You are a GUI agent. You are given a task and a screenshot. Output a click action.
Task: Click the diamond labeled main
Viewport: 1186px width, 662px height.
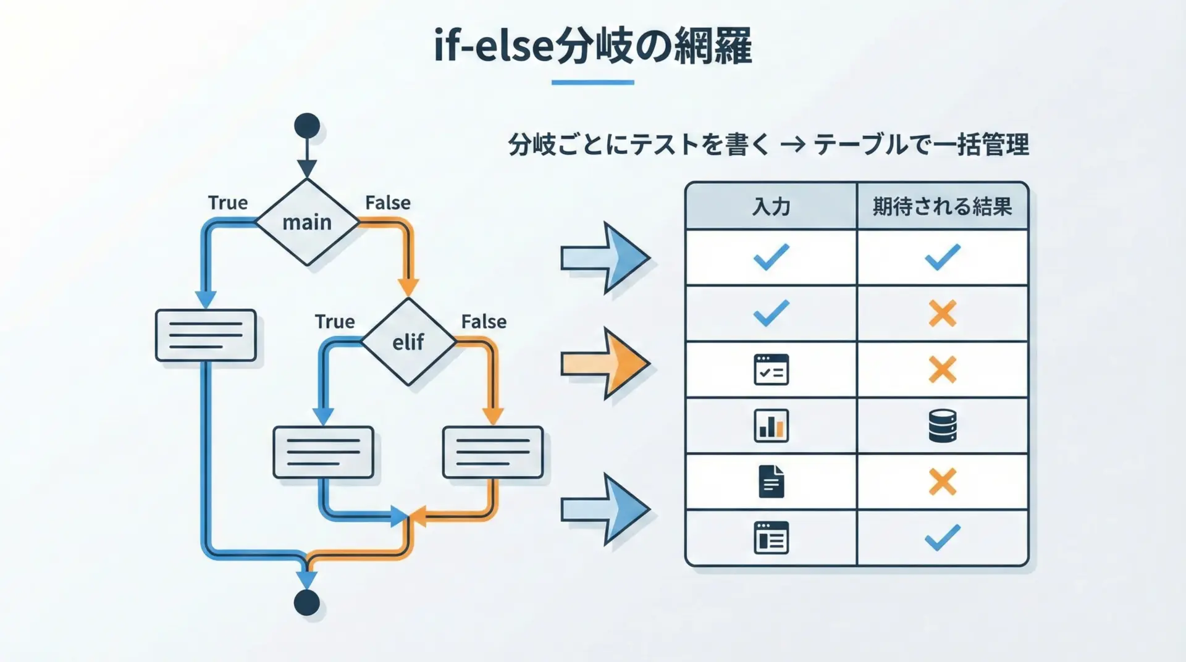click(307, 222)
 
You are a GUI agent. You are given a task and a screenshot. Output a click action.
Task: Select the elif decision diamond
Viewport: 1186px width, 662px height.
click(408, 341)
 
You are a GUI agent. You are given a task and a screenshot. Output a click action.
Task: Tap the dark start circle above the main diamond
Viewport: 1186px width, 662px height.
click(307, 126)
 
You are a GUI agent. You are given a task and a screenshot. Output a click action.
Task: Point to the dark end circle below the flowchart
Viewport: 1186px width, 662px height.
click(307, 603)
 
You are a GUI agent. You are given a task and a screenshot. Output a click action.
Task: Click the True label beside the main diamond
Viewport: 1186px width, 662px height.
click(227, 203)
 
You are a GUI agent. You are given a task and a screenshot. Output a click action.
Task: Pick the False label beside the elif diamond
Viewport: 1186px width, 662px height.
click(484, 322)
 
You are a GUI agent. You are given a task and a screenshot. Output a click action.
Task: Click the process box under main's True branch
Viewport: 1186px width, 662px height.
click(206, 335)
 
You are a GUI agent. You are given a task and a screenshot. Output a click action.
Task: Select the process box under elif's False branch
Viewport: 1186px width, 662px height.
click(493, 452)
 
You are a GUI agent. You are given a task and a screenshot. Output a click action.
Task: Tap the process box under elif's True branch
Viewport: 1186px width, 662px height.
click(324, 452)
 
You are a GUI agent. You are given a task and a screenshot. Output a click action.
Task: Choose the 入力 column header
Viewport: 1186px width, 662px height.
click(771, 206)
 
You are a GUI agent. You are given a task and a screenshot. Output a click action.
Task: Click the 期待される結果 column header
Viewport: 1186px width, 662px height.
click(942, 206)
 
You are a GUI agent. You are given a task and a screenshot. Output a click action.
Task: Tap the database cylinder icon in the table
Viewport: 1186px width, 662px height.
click(943, 426)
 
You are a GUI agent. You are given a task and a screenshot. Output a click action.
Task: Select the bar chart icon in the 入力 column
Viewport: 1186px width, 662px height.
click(772, 425)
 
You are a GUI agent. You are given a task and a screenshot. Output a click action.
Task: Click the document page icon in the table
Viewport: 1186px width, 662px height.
click(772, 482)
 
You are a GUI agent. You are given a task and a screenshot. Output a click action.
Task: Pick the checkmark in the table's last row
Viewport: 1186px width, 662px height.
click(943, 537)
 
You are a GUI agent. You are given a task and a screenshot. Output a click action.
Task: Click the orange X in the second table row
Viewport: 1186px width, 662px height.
click(943, 314)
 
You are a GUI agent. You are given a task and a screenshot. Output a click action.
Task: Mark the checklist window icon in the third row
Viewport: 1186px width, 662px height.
click(772, 369)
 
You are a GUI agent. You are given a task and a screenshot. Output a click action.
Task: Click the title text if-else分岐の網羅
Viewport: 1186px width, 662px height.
click(593, 46)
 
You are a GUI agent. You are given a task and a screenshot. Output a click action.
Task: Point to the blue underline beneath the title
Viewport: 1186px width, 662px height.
click(593, 82)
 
